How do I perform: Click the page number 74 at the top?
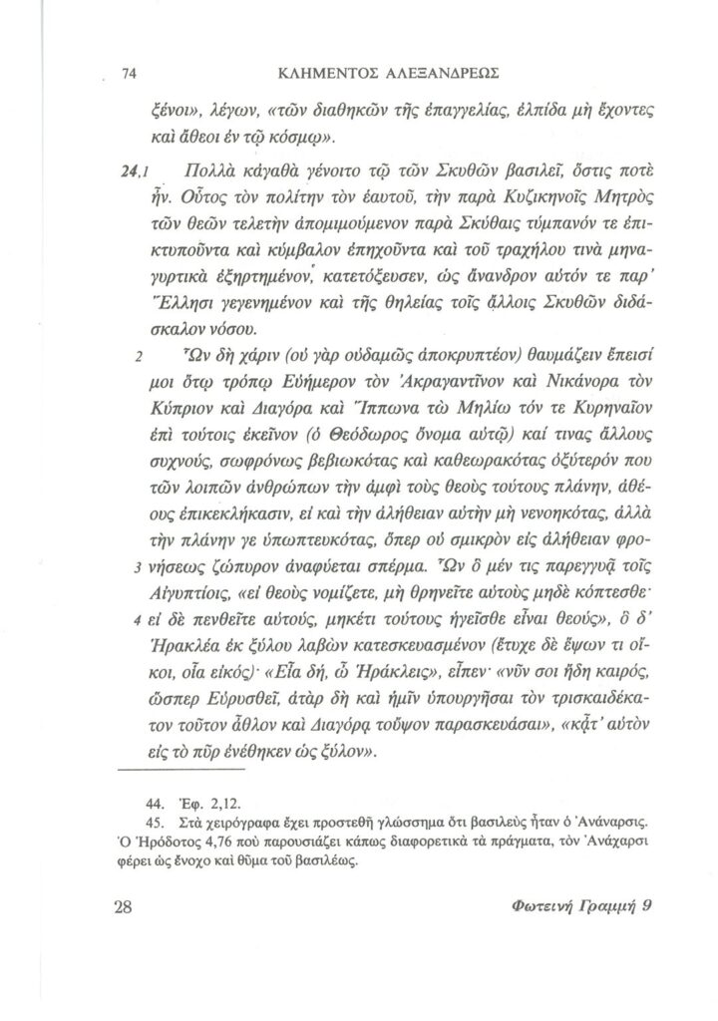click(x=127, y=72)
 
